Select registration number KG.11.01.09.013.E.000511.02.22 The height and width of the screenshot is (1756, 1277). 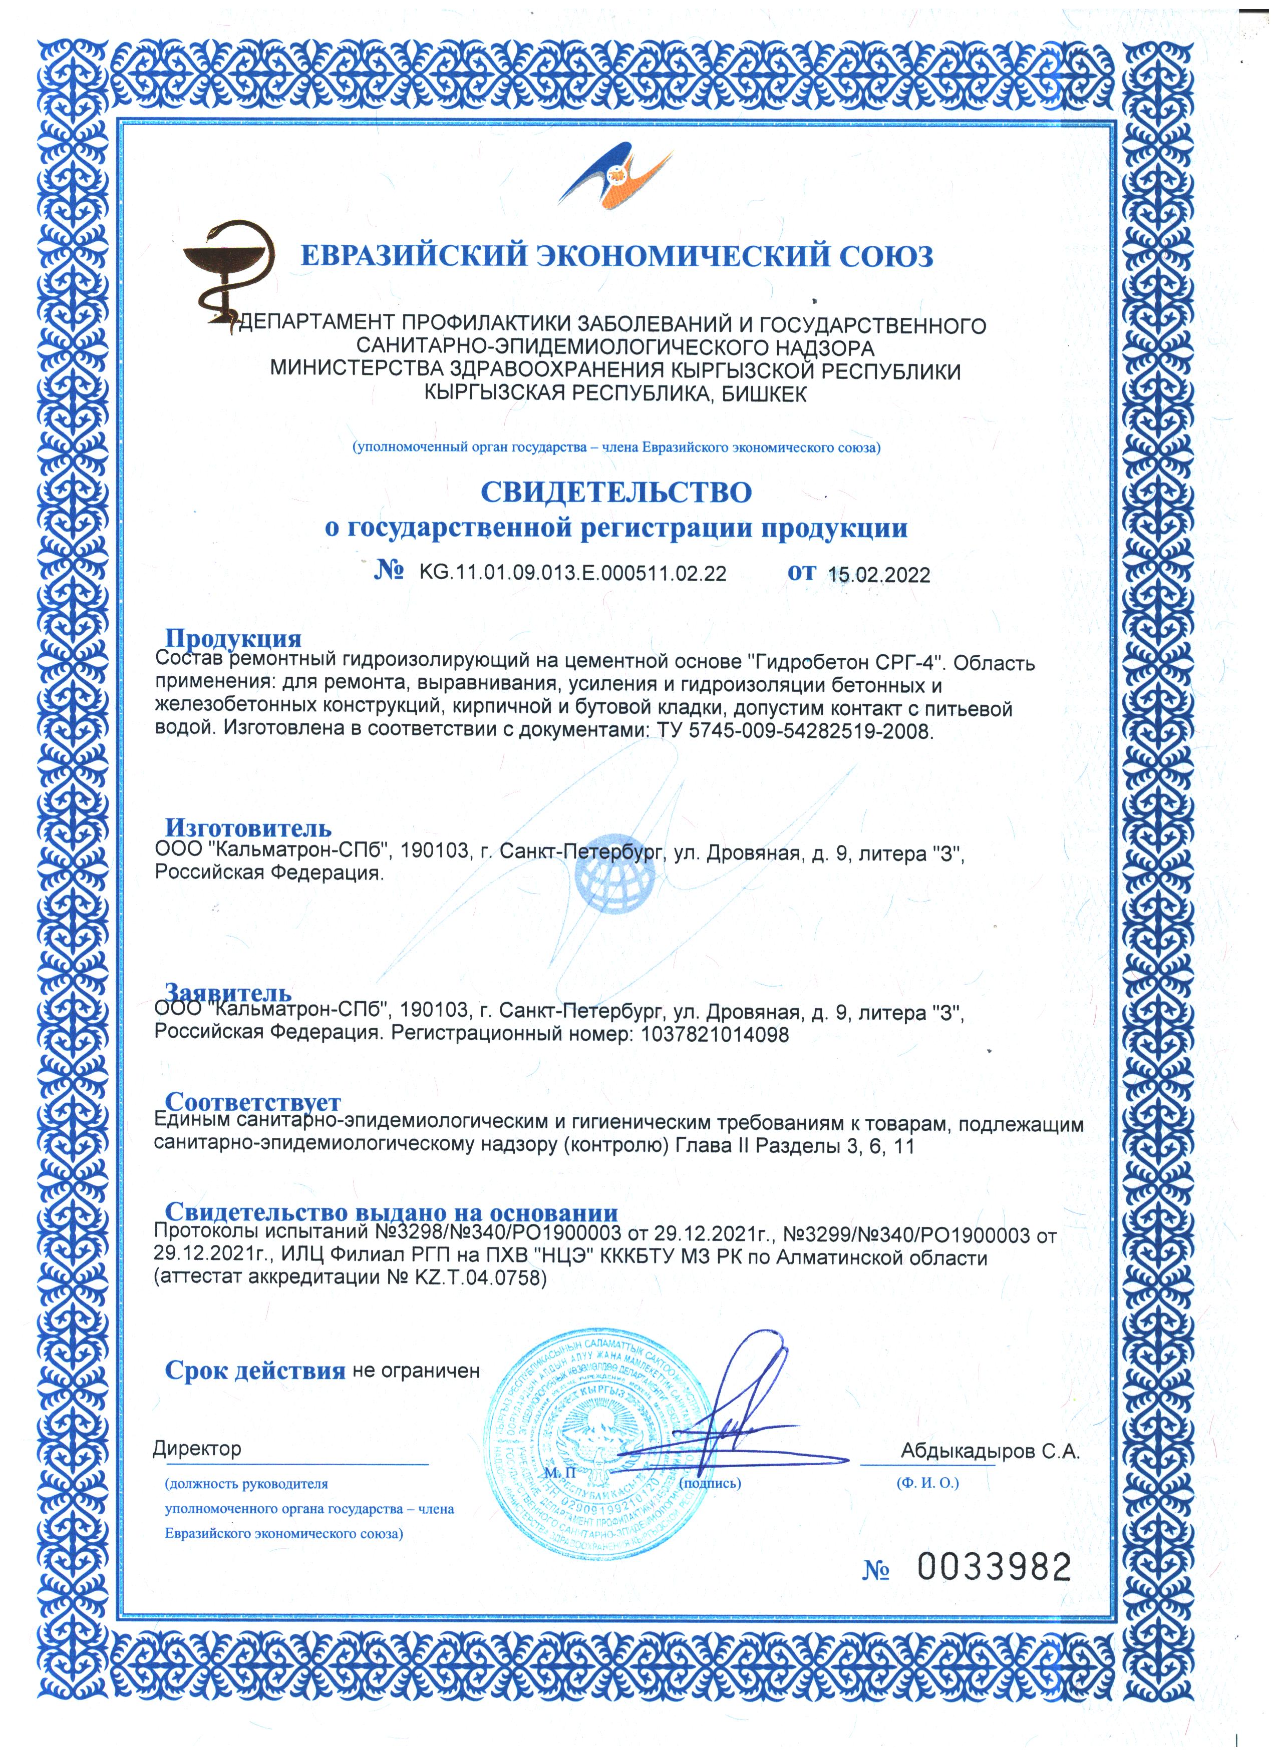572,573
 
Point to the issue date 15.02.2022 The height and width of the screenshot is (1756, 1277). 879,575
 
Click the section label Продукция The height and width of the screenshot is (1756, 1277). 233,638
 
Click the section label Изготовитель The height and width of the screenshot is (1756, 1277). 248,828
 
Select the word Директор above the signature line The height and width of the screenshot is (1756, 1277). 197,1448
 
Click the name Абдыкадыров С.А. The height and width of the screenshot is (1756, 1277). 990,1452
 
